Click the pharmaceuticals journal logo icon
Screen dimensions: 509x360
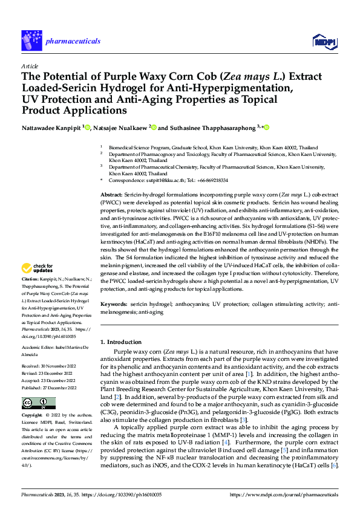[31, 41]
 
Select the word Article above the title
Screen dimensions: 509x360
[30, 66]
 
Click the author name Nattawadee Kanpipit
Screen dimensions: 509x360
[51, 128]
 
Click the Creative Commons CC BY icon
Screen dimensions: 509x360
[39, 403]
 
